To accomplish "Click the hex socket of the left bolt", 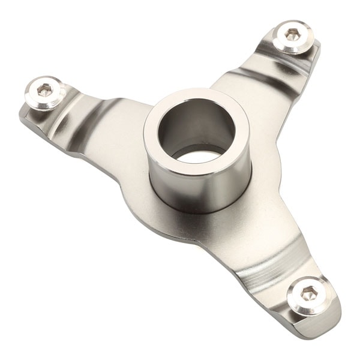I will [x=44, y=91].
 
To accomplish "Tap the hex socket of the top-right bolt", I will [x=292, y=34].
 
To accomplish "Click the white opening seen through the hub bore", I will [x=199, y=157].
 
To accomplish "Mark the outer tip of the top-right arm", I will [x=315, y=48].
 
